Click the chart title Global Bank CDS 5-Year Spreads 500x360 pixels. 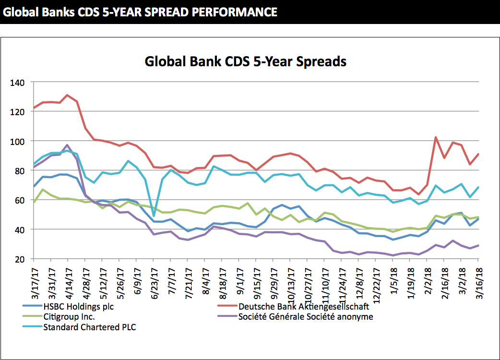[x=245, y=62]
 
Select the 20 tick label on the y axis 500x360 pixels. [x=19, y=259]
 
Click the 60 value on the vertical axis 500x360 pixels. [x=19, y=200]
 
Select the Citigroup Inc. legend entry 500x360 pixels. [x=69, y=317]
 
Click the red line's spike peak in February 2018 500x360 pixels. [x=435, y=137]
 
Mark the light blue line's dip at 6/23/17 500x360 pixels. [x=154, y=216]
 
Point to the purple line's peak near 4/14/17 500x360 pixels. [x=68, y=145]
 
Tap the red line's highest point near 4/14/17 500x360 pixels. [x=68, y=95]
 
